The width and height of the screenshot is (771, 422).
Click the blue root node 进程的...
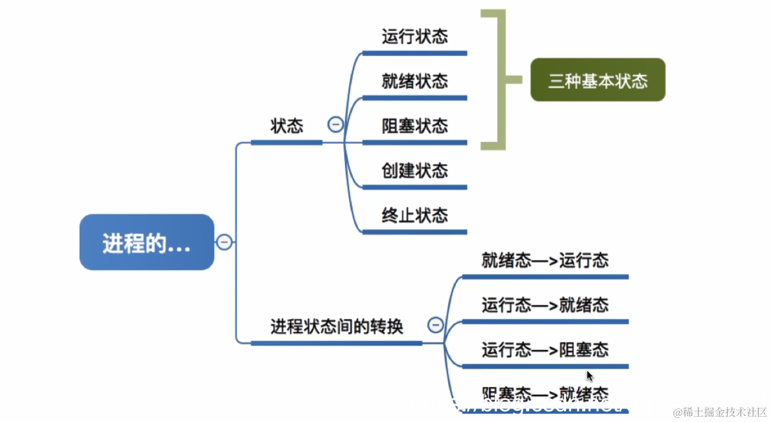coord(146,242)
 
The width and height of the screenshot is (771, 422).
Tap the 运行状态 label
coord(414,37)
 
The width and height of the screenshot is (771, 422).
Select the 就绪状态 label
coord(414,81)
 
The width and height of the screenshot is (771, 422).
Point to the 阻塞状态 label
coord(414,126)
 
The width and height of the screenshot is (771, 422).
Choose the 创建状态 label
coord(414,171)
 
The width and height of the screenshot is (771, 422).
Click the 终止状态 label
coord(414,216)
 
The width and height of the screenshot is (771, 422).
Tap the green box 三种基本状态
coord(598,80)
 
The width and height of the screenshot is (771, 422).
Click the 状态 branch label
coord(287,126)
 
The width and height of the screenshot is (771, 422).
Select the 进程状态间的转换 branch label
coord(336,327)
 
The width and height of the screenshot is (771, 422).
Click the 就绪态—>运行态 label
coord(544,261)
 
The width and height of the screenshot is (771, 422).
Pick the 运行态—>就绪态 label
coord(544,305)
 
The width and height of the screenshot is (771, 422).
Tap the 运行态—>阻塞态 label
coord(544,350)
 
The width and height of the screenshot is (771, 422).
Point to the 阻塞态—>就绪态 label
coord(544,394)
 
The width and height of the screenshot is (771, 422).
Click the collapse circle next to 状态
coord(336,125)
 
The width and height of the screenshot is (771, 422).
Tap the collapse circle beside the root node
coord(224,242)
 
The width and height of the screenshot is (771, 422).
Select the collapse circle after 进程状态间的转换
coord(435,325)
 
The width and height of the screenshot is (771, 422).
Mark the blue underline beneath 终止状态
coord(414,232)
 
